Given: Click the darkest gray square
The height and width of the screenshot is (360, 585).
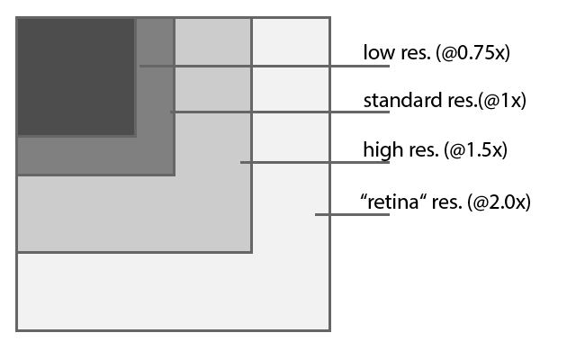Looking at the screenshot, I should (76, 76).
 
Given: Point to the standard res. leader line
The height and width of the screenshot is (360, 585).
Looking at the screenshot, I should (279, 112).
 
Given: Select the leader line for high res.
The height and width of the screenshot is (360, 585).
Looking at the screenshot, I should (315, 162).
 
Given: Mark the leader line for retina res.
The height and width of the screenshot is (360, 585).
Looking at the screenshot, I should (351, 214).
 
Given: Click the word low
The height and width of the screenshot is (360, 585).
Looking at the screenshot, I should (377, 52).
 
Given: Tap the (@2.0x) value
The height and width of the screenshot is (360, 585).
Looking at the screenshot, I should (499, 201).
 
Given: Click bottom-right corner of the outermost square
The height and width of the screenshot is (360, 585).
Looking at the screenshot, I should (329, 330).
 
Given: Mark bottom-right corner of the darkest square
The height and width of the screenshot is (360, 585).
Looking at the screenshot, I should (136, 136).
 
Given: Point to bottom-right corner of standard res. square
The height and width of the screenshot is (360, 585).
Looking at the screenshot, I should (174, 175).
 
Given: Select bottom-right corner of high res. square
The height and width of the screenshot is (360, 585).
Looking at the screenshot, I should (251, 252).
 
